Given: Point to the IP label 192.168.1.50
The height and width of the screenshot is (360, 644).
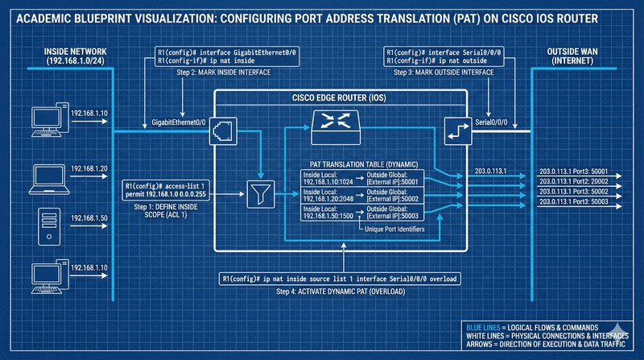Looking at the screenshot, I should (89, 218).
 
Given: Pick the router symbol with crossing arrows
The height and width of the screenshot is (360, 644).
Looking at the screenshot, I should (328, 122).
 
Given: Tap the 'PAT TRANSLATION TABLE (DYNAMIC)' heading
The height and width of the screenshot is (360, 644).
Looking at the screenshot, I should (359, 163).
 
